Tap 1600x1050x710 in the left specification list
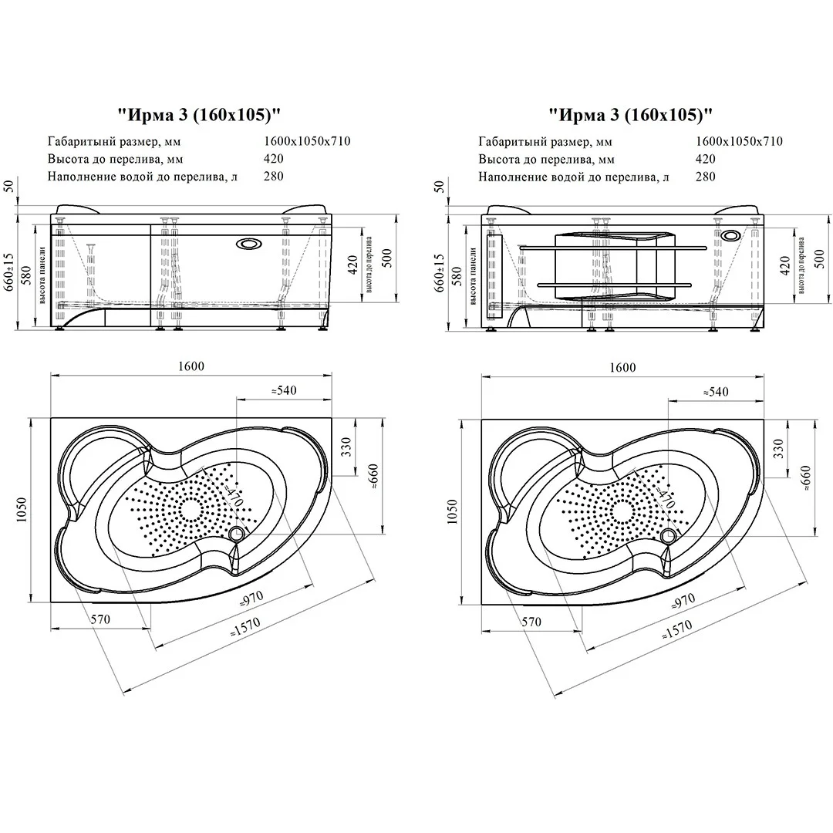coord(308,141)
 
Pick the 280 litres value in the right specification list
coord(705,177)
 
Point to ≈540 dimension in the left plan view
coord(284,391)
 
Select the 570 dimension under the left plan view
coord(101,619)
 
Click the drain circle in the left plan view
coord(237,534)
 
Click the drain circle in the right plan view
coord(668,534)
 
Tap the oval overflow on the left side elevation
coord(249,244)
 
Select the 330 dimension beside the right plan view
coord(778,446)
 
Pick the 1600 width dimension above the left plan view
coord(191,367)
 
